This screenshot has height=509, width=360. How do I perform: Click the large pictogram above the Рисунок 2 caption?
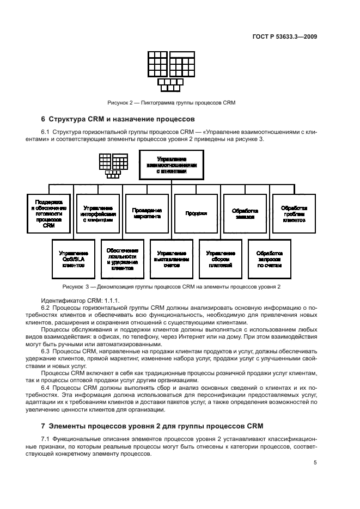point(171,71)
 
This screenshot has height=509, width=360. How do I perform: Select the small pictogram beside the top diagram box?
point(113,165)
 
